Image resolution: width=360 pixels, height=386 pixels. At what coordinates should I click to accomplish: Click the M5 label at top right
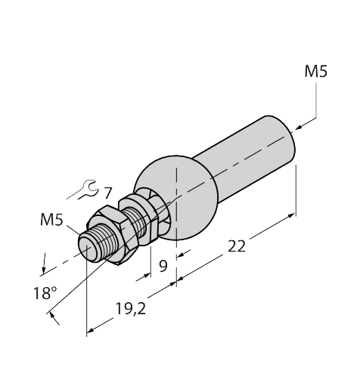click(x=316, y=73)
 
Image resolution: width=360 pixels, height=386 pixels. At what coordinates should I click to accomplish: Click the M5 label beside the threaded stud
click(x=51, y=221)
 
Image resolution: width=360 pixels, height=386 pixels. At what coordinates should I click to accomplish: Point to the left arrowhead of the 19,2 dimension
click(x=91, y=329)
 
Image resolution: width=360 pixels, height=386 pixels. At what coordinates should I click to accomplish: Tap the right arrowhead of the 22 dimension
click(x=291, y=218)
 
